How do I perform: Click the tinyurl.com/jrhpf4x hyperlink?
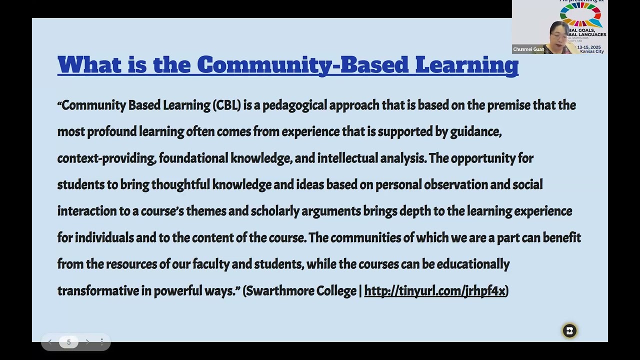point(434,291)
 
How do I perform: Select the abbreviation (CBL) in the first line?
point(227,105)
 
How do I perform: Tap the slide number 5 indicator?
point(68,342)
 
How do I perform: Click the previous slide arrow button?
point(50,342)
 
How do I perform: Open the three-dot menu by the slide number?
point(101,342)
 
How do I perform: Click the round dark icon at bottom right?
point(569,330)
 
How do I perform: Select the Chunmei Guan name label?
point(528,49)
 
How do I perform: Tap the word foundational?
point(193,158)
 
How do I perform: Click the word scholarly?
point(274,211)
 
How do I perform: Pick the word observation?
point(455,184)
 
